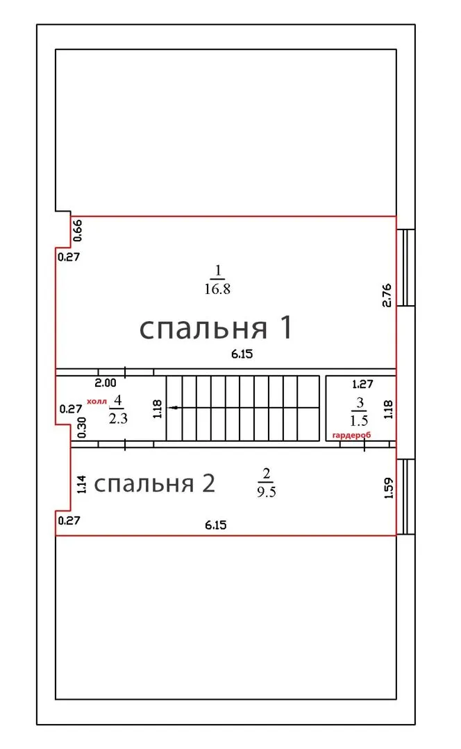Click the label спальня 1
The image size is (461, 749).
[x=216, y=328]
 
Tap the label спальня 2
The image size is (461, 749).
[x=154, y=483]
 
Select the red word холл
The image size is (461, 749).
[x=97, y=402]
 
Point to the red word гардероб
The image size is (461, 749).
[x=351, y=435]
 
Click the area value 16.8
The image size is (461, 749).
[x=217, y=289]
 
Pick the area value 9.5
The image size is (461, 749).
[x=267, y=492]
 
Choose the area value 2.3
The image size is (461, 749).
[x=118, y=418]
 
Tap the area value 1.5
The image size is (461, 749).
[x=359, y=420]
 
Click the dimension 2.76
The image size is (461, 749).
[x=387, y=295]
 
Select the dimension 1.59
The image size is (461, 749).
[x=388, y=488]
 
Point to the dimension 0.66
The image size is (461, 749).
[x=78, y=230]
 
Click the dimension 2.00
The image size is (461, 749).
[x=106, y=383]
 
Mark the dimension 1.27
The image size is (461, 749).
[x=362, y=384]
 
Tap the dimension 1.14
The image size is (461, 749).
[x=82, y=484]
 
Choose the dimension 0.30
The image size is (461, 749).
[x=82, y=427]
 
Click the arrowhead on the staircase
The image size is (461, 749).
[x=175, y=408]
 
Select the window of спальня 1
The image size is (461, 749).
[x=405, y=268]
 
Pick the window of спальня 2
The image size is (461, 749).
[x=405, y=497]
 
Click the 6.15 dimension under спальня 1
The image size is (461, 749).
[x=242, y=354]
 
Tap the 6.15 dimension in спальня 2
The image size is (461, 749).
[x=216, y=525]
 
